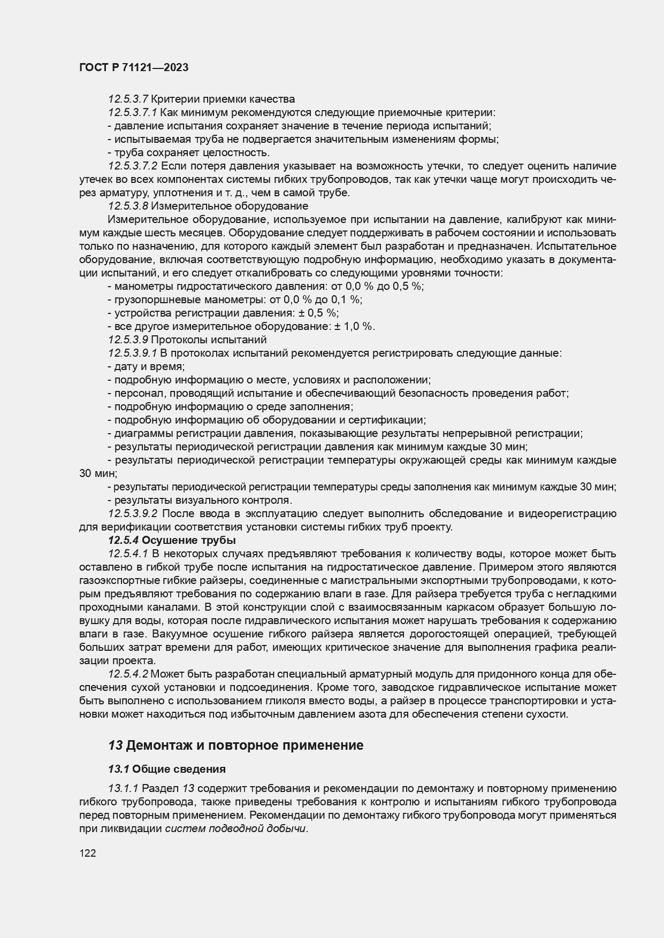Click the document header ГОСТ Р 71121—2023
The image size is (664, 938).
134,68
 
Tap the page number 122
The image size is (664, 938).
87,854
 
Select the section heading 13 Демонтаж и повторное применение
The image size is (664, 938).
235,745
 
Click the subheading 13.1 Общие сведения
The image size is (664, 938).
166,769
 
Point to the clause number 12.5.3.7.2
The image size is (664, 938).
133,166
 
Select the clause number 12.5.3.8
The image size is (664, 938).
128,206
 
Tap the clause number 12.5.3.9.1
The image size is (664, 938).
133,353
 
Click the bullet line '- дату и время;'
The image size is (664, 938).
146,366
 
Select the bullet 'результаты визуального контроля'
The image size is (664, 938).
200,500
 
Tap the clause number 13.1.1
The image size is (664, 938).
124,788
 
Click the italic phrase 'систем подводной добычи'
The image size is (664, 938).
236,828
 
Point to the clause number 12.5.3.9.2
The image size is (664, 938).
133,513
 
